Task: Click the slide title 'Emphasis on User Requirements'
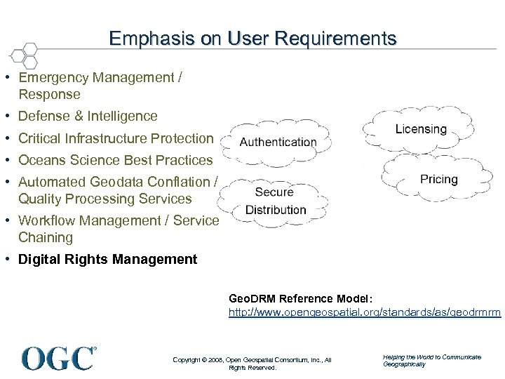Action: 252,38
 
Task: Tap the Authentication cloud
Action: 278,142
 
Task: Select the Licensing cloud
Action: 420,129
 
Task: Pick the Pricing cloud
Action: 438,179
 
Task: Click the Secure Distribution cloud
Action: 275,201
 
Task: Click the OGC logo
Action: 59,357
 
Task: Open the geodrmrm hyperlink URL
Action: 365,312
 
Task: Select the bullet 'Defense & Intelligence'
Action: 88,116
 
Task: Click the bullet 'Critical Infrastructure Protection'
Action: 116,138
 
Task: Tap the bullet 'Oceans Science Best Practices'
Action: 115,160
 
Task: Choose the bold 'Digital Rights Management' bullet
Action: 108,260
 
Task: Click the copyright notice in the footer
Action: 252,363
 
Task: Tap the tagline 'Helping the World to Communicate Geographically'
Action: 431,360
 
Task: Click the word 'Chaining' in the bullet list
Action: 46,237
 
